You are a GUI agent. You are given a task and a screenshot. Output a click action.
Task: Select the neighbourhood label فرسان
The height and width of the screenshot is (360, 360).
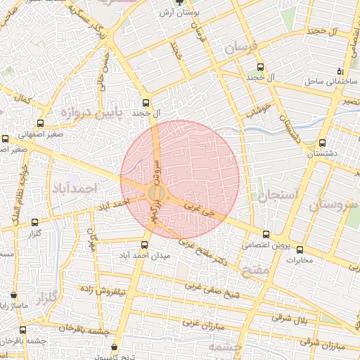tap(243, 48)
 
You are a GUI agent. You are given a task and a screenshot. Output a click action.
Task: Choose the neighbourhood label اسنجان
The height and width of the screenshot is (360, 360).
tap(278, 195)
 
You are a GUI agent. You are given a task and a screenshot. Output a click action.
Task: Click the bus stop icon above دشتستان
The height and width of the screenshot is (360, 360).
tap(322, 142)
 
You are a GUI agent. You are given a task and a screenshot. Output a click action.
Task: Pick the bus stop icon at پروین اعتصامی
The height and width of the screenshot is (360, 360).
tap(265, 235)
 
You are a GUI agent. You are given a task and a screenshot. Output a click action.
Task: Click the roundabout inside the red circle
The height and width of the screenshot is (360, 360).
tap(156, 193)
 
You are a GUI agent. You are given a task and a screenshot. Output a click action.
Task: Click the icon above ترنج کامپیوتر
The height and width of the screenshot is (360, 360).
tap(115, 346)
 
